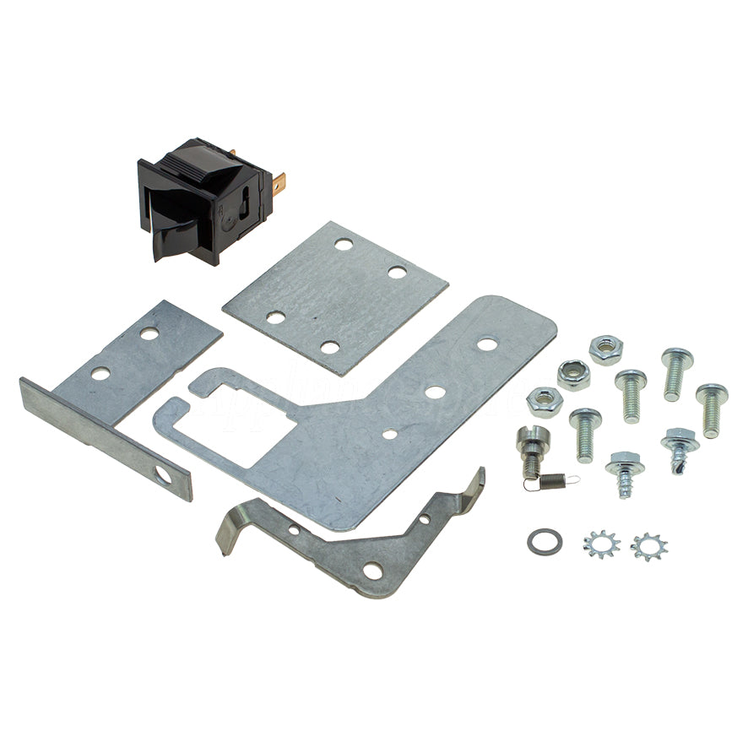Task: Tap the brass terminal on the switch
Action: [x=279, y=180]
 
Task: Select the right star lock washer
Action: [x=648, y=546]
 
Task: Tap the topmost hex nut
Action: [x=605, y=348]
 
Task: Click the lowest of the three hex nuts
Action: [x=543, y=399]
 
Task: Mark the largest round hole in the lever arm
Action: [x=371, y=572]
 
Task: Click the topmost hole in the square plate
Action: [x=342, y=244]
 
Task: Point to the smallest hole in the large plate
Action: [x=390, y=434]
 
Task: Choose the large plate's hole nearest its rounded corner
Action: [x=486, y=344]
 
